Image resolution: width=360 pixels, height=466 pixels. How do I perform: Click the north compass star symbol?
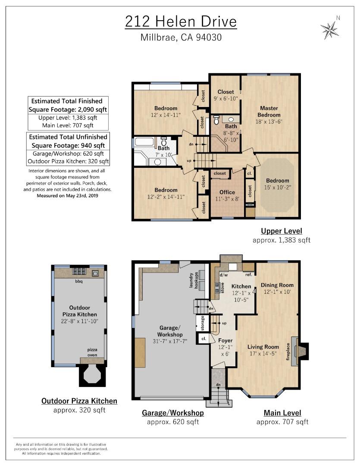[x=329, y=30]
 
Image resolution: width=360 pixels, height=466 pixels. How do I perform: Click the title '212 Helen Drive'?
[x=181, y=22]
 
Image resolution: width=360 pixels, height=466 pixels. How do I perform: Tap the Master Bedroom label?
[x=269, y=111]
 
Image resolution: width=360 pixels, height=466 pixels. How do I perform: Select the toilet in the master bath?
[x=216, y=120]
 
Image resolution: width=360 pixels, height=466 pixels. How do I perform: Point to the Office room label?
[x=227, y=192]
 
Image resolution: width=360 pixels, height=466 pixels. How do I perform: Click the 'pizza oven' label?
[x=92, y=352]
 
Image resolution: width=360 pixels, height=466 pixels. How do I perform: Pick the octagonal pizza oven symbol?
[x=92, y=375]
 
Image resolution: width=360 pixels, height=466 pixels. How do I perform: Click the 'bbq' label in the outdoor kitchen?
[x=79, y=281]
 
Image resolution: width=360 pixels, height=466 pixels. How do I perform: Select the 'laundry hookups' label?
[x=194, y=280]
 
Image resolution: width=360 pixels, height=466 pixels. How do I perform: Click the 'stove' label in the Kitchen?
[x=222, y=288]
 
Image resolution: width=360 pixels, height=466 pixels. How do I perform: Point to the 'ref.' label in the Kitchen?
[x=249, y=274]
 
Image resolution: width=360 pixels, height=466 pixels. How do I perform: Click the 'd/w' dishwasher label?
[x=224, y=275]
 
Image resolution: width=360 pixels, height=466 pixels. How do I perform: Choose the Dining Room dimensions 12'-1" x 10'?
[x=277, y=292]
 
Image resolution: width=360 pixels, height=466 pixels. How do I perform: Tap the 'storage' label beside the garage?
[x=203, y=323]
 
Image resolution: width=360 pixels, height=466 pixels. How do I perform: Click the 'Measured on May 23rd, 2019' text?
[x=67, y=195]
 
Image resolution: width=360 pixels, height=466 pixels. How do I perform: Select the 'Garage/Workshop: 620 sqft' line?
[x=68, y=154]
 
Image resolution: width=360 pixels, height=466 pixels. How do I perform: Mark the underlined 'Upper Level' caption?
[x=281, y=231]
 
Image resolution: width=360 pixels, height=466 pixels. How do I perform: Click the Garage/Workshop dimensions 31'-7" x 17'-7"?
[x=169, y=341]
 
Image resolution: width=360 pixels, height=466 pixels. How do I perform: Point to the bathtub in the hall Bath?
[x=144, y=141]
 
